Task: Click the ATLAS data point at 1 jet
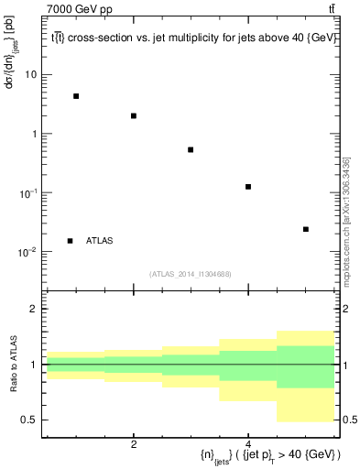76,96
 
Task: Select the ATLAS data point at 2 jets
134,116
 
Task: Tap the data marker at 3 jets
191,149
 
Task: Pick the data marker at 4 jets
248,187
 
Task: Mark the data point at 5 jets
306,229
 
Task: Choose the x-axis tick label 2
134,444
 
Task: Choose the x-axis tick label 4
248,444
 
